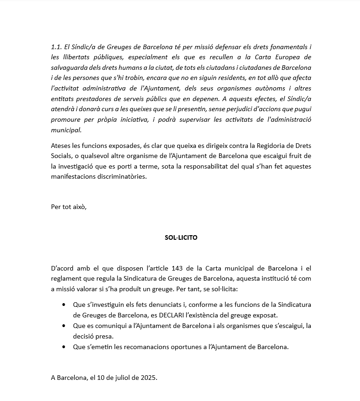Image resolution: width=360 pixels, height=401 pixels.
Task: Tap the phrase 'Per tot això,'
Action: pyautogui.click(x=69, y=207)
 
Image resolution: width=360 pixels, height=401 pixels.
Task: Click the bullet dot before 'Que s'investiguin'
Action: pyautogui.click(x=63, y=305)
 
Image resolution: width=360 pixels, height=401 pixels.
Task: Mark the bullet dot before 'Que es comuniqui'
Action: pyautogui.click(x=63, y=326)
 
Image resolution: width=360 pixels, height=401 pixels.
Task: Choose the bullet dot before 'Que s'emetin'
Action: pyautogui.click(x=63, y=347)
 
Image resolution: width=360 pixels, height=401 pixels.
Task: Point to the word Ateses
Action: pyautogui.click(x=61, y=146)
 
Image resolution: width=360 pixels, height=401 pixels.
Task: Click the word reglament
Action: pyautogui.click(x=66, y=278)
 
